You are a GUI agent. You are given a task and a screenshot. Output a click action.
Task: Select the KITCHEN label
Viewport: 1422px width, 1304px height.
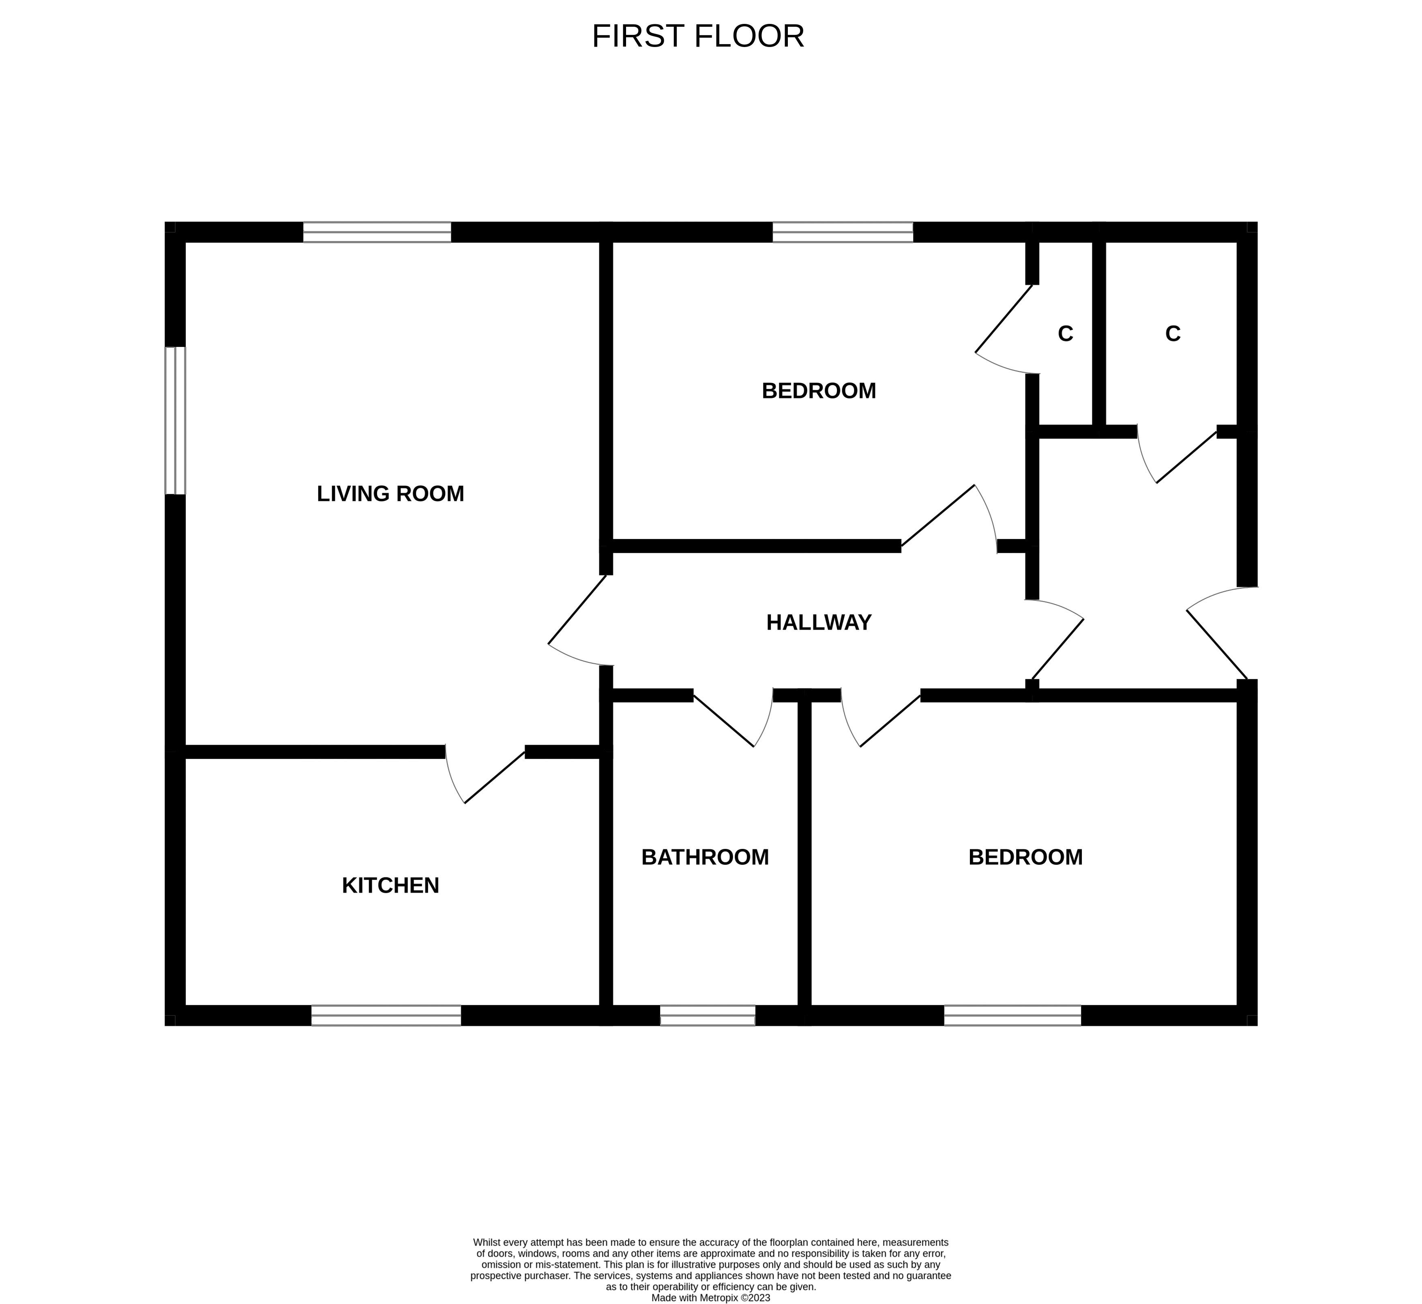click(390, 885)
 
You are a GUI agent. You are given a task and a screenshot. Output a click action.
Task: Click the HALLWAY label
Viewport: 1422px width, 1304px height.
click(819, 622)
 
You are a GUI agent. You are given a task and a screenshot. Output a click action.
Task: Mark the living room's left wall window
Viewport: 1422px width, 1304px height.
click(175, 421)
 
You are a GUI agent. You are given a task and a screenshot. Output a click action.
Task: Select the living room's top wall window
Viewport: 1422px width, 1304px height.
click(377, 232)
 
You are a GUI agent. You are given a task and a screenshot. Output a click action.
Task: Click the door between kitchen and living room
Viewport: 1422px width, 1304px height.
click(487, 775)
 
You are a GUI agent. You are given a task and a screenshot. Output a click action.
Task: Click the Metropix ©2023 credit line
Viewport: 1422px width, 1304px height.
click(710, 1298)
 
